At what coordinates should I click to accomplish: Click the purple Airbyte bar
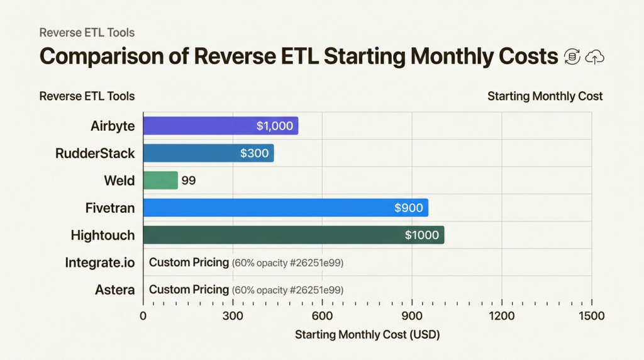click(220, 126)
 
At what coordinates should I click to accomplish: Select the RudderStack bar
click(208, 153)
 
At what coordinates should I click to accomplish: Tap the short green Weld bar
click(160, 181)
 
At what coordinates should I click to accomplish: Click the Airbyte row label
click(113, 126)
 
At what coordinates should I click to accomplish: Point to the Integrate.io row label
click(99, 262)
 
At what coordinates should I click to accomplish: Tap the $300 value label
click(254, 153)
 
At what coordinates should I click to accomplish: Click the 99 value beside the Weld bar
click(189, 181)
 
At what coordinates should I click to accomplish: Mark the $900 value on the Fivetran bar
click(408, 208)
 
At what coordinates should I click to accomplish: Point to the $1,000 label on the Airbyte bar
click(275, 126)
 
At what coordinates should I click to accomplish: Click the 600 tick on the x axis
click(322, 316)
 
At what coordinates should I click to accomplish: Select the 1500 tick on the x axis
click(591, 316)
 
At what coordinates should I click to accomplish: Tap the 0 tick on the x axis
click(143, 316)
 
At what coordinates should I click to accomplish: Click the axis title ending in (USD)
click(367, 335)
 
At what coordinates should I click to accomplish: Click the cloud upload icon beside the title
click(594, 57)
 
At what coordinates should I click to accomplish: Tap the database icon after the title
click(572, 57)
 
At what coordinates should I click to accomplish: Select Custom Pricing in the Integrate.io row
click(189, 262)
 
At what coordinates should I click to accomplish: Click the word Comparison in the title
click(114, 57)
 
